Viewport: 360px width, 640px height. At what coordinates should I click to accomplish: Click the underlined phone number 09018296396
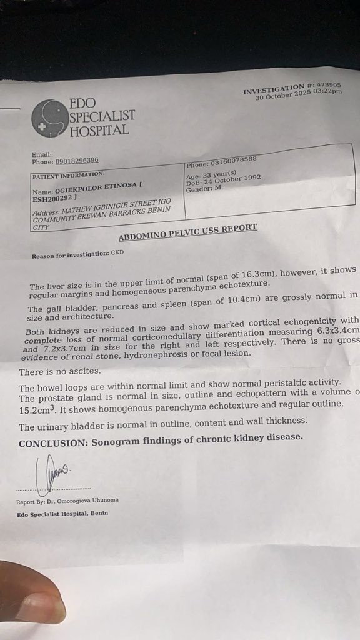(x=76, y=161)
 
